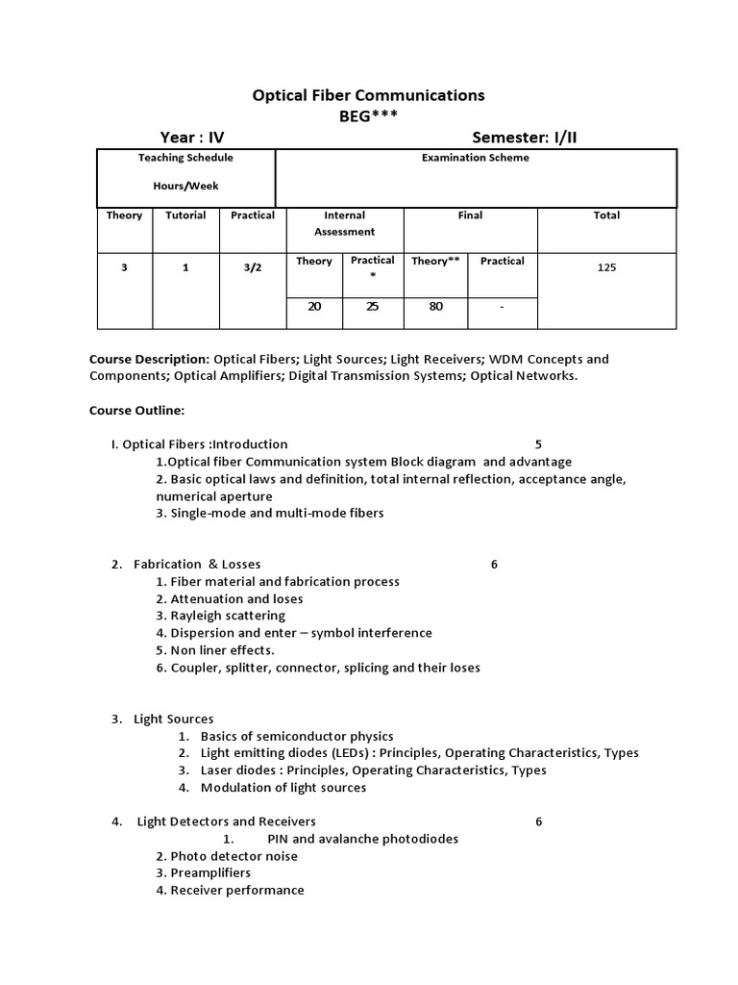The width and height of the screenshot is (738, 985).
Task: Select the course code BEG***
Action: click(368, 116)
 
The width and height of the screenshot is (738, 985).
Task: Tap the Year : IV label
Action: click(191, 138)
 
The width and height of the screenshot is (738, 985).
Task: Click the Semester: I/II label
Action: click(525, 138)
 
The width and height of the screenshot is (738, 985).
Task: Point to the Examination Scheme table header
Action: click(476, 158)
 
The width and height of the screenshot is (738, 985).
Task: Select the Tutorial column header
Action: click(185, 215)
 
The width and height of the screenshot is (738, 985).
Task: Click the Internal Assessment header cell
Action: click(344, 223)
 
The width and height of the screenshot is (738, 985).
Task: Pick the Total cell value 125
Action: click(606, 267)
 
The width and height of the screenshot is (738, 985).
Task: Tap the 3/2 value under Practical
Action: click(252, 267)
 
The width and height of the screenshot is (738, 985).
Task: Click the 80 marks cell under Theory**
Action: click(434, 307)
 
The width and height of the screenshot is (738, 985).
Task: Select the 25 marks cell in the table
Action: click(372, 307)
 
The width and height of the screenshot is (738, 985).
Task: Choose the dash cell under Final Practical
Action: click(502, 307)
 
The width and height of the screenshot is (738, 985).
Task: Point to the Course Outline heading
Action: click(136, 410)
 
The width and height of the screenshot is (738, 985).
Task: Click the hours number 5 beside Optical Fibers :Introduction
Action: click(538, 444)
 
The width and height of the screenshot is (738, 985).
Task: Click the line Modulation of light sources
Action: click(283, 788)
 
